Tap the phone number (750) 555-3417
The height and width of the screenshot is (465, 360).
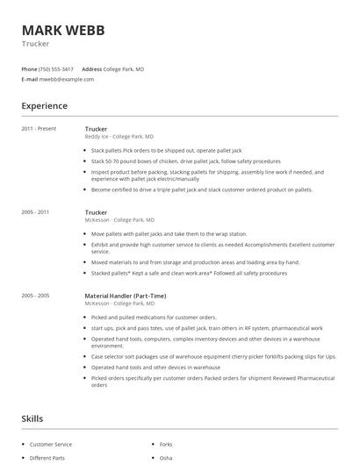pos(57,68)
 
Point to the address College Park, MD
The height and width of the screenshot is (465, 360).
pos(124,68)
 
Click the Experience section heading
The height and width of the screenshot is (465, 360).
pos(44,106)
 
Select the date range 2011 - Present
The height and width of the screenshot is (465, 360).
pos(39,129)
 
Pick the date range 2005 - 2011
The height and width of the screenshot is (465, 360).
pos(35,212)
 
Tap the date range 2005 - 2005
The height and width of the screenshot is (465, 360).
pos(35,296)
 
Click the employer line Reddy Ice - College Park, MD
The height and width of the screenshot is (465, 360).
pos(119,137)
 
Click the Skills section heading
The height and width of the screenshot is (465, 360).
pos(32,418)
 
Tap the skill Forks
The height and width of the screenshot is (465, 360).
pos(166,445)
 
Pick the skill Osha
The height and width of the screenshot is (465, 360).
pos(165,458)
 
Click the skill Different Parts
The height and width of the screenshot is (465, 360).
pos(47,458)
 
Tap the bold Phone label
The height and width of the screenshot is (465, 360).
pos(29,68)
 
